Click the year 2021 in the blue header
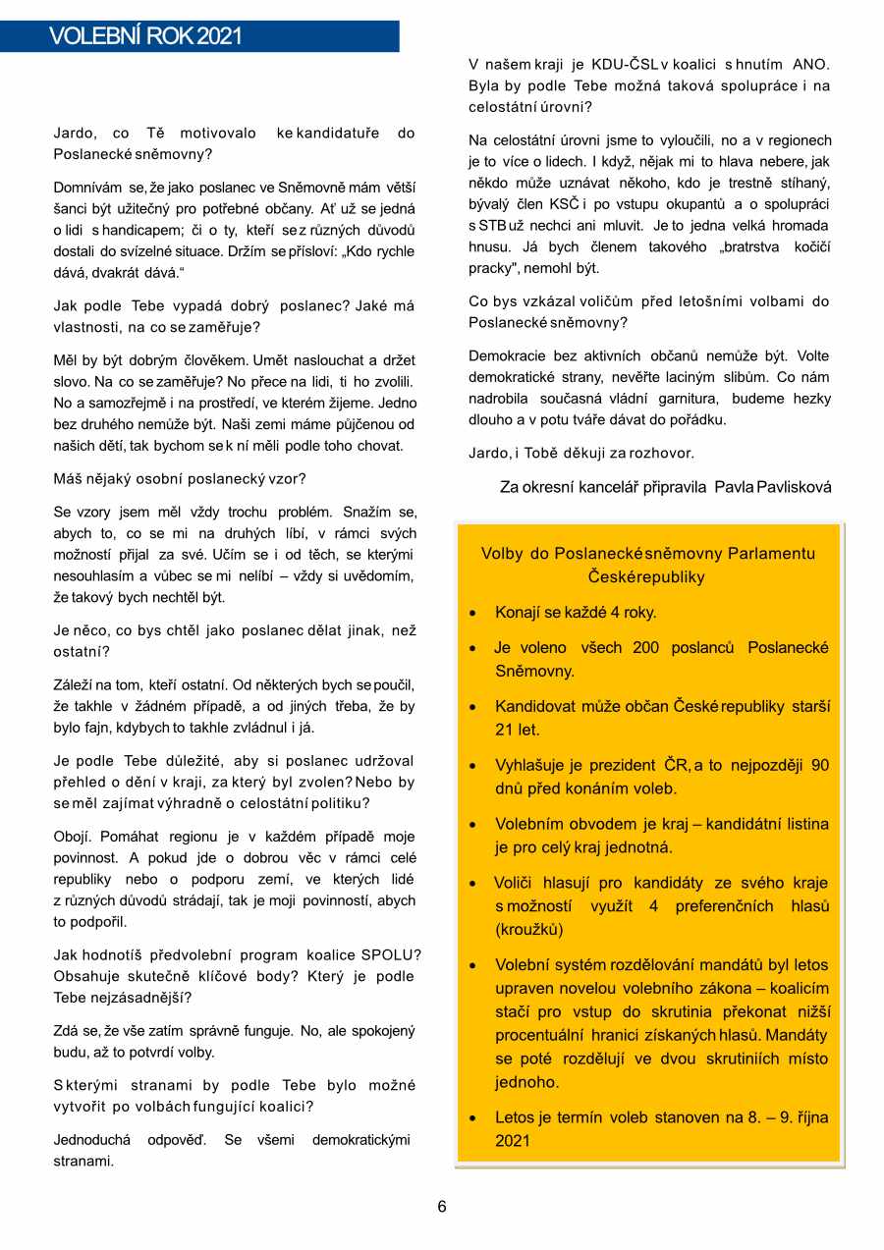pyautogui.click(x=219, y=37)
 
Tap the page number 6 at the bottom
pyautogui.click(x=442, y=1207)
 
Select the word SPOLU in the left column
pyautogui.click(x=391, y=954)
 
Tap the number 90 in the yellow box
pyautogui.click(x=819, y=766)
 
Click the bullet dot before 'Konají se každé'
pyautogui.click(x=473, y=614)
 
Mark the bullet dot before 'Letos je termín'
pyautogui.click(x=473, y=1118)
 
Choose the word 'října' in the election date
pyautogui.click(x=808, y=1117)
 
